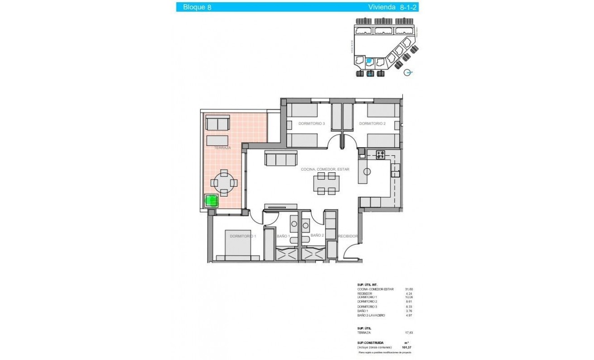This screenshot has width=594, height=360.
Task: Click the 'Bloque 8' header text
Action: point(197,7)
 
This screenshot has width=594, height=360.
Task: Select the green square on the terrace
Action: point(211,201)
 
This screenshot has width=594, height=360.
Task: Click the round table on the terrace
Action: point(224,183)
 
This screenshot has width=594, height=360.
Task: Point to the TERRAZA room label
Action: point(222,148)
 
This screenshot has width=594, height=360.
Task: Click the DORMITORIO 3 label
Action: point(311,123)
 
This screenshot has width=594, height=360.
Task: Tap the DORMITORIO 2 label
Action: point(372,123)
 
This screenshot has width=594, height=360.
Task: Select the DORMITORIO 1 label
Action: point(243,236)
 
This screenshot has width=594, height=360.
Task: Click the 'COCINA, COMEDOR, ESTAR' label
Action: point(325,169)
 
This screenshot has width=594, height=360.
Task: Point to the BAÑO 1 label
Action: point(282,236)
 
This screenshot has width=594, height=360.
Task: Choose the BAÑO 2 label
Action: point(317,235)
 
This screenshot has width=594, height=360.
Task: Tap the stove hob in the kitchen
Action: point(381,154)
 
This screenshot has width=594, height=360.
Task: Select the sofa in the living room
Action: point(281,158)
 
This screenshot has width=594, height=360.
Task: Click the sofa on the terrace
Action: point(218,123)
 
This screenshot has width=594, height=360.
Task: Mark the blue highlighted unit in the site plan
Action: point(369,61)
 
